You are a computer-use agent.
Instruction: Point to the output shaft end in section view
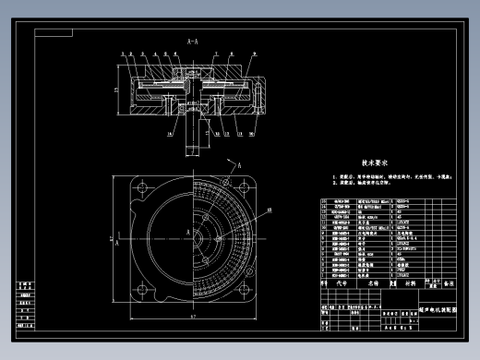click(x=193, y=146)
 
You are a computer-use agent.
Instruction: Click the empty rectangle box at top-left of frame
click(x=55, y=31)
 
